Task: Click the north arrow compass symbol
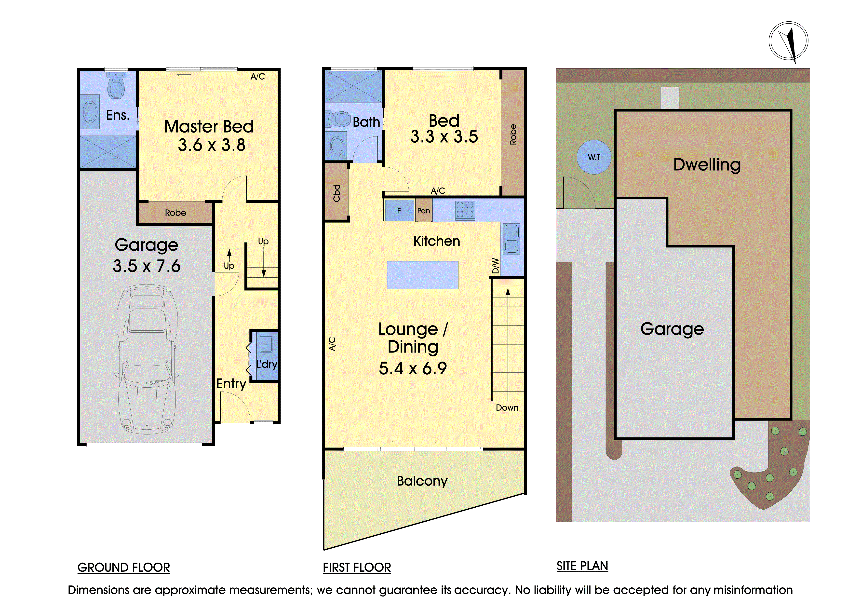[x=788, y=41]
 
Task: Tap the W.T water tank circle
[x=594, y=157]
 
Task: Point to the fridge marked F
[x=399, y=210]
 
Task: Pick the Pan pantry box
[x=424, y=210]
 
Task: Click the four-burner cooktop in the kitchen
[x=465, y=210]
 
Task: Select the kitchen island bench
[x=423, y=275]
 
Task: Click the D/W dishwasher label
[x=496, y=266]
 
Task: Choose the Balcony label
[x=422, y=481]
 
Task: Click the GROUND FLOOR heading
[x=124, y=567]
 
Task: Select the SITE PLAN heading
[x=582, y=566]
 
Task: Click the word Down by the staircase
[x=507, y=408]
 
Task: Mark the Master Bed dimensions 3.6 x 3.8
[x=212, y=145]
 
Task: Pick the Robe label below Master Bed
[x=175, y=213]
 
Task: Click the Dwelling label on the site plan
[x=707, y=165]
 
